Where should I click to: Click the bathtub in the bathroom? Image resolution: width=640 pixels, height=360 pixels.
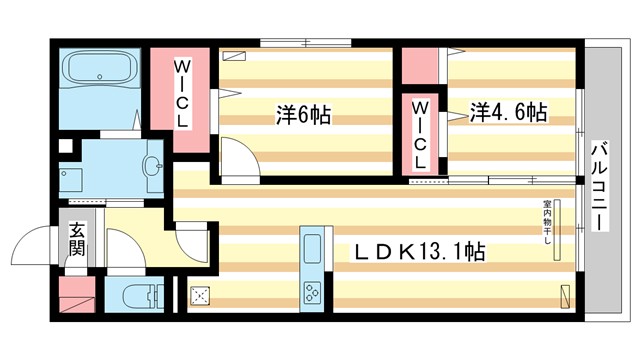coord(101,73)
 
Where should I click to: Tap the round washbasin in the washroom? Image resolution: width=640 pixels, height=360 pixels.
coord(152,167)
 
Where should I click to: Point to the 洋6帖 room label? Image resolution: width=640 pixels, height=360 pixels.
coord(303,114)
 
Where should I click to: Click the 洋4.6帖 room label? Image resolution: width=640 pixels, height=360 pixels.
coord(507,112)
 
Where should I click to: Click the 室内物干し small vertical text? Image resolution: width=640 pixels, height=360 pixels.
coord(547,226)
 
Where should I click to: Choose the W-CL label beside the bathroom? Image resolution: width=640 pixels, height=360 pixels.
coord(183,93)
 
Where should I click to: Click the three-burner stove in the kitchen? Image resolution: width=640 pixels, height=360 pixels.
coord(312,292)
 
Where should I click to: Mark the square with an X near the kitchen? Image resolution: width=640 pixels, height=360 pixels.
coord(199,295)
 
